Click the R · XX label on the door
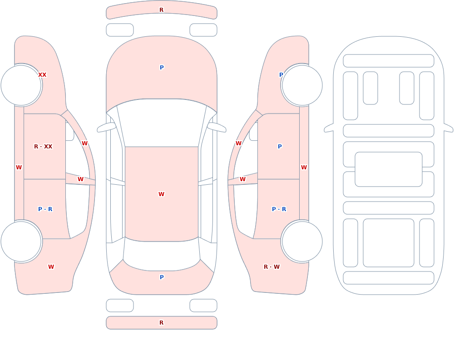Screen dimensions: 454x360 [43, 147]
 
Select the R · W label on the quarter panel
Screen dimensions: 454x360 [271, 267]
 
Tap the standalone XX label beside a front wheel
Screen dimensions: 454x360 [42, 75]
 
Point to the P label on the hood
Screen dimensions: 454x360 [162, 68]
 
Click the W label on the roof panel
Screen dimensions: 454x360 [161, 194]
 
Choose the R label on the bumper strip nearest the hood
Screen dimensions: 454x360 [161, 10]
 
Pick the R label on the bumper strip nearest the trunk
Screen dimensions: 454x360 [161, 323]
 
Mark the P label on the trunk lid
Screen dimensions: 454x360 [162, 277]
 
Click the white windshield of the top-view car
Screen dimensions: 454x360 [162, 123]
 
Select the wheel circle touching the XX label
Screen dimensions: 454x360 [21, 85]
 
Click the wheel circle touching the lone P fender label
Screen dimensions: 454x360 [302, 85]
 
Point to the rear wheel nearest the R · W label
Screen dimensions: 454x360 [302, 241]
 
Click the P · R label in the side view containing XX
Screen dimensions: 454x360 [45, 209]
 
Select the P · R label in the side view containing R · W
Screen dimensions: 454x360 [279, 209]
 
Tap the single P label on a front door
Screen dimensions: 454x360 [280, 147]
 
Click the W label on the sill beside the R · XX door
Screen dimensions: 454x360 [19, 168]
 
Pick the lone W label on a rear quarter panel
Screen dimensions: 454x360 [51, 267]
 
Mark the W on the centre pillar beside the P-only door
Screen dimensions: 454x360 [242, 179]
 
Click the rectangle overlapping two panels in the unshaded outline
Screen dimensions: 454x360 [389, 169]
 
